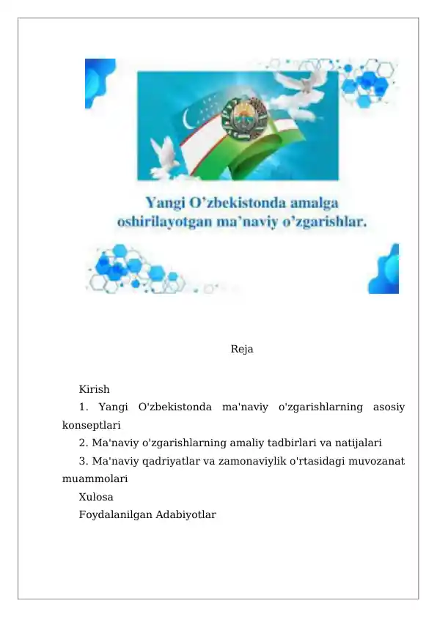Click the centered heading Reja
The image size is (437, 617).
[242, 350]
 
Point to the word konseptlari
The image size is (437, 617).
[92, 424]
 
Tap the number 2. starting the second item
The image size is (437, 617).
[84, 443]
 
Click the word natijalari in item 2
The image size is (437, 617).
[357, 443]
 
